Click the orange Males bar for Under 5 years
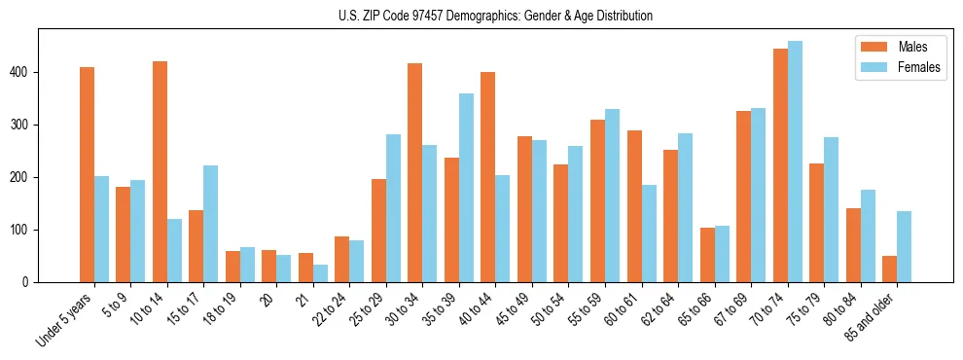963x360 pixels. tap(87, 175)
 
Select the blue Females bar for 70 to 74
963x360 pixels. tap(795, 162)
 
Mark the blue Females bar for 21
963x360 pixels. tap(320, 273)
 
